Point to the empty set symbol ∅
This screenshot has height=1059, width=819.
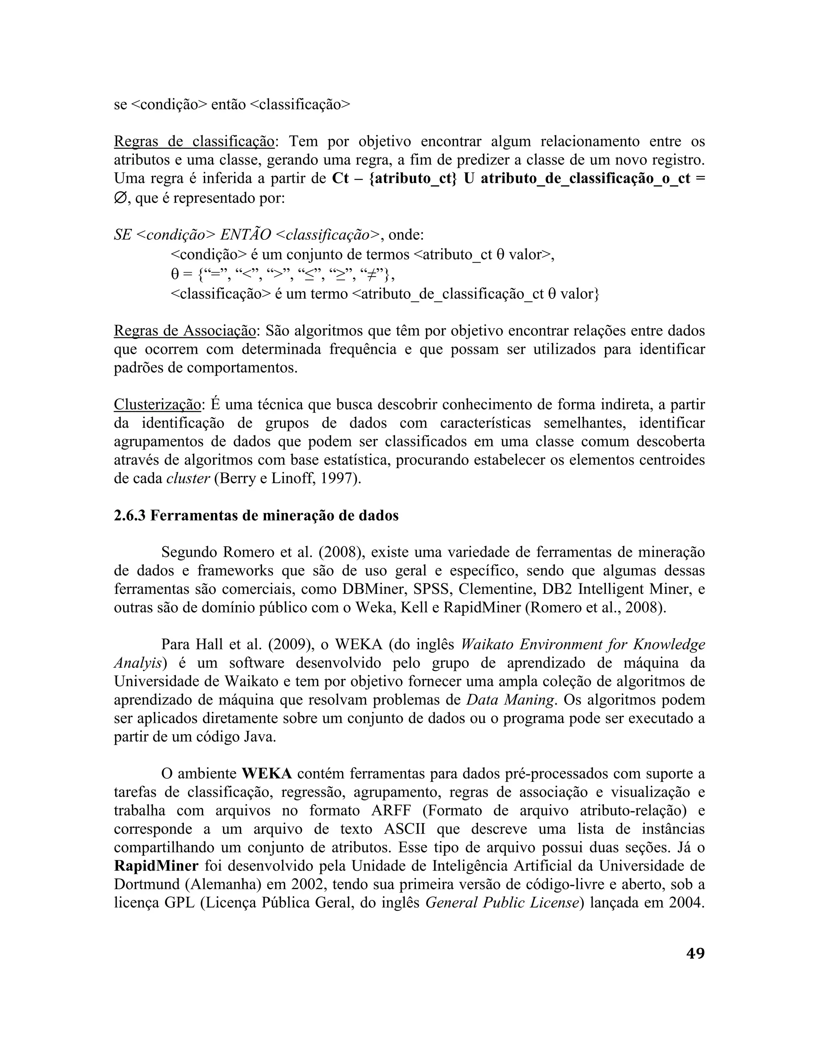point(120,198)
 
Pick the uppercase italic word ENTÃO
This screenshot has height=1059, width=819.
point(246,235)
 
